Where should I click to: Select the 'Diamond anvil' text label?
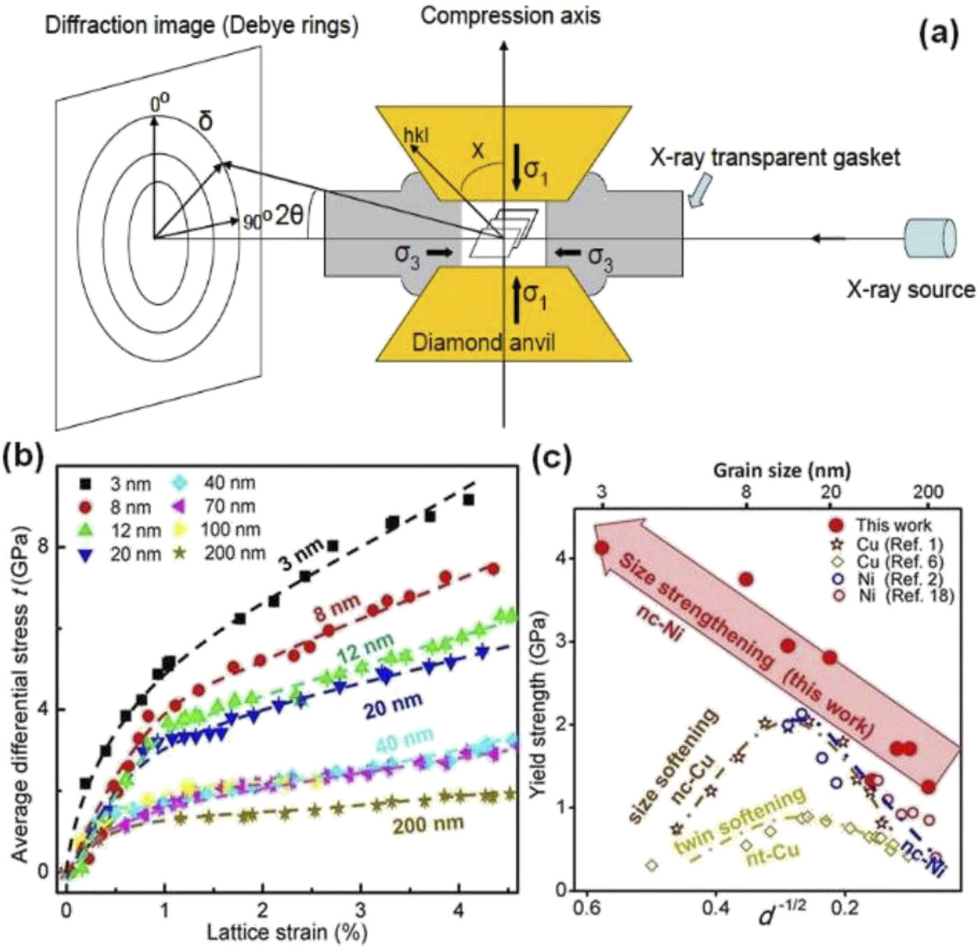pyautogui.click(x=483, y=343)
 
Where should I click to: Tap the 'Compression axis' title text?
pyautogui.click(x=510, y=15)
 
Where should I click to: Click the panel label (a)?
pyautogui.click(x=938, y=36)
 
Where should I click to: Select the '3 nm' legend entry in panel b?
pyautogui.click(x=119, y=484)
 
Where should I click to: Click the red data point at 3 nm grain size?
pyautogui.click(x=602, y=548)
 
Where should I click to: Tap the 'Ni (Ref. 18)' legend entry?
pyautogui.click(x=889, y=596)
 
